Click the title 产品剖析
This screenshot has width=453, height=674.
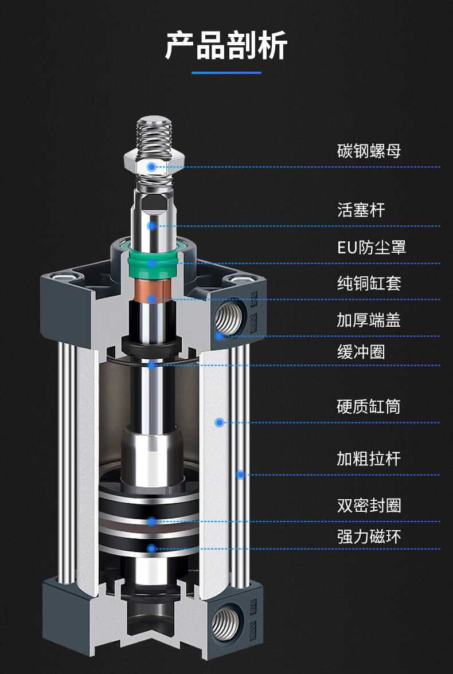[x=226, y=45]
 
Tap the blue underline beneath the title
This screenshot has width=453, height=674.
[x=226, y=73]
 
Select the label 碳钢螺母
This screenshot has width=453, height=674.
[x=369, y=151]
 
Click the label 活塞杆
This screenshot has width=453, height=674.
[x=361, y=210]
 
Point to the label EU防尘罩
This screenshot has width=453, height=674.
[x=372, y=248]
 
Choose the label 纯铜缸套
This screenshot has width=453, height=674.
[x=369, y=283]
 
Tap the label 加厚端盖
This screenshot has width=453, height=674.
[x=369, y=320]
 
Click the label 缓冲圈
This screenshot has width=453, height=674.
[x=361, y=351]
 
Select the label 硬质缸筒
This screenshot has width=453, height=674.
[x=369, y=407]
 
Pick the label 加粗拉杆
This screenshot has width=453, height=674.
[x=369, y=459]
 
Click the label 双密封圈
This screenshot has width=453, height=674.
[x=369, y=505]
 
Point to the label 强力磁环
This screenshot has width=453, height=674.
[x=369, y=537]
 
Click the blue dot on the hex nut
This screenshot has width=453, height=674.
[x=151, y=167]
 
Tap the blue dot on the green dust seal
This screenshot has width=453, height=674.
[x=151, y=263]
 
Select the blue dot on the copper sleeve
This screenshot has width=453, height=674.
[x=151, y=299]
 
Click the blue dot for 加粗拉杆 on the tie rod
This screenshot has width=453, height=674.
[x=241, y=475]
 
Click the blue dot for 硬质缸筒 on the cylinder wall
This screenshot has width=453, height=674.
[x=218, y=422]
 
